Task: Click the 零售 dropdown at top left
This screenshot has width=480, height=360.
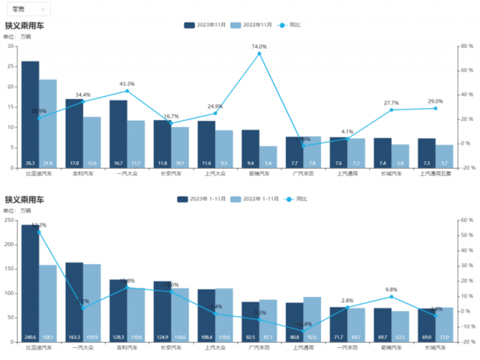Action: coord(30,9)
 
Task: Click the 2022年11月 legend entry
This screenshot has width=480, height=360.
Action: coord(252,25)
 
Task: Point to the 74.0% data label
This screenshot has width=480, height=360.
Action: coord(259,46)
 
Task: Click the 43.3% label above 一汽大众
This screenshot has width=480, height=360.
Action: coord(127,84)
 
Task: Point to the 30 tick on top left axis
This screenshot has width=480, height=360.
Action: coord(11,46)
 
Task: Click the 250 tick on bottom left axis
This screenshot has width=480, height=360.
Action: coord(10,220)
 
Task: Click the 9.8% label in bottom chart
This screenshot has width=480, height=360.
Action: coord(390,289)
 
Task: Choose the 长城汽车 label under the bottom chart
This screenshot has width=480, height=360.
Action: coord(435,348)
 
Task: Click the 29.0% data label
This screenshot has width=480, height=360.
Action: coord(435,101)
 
